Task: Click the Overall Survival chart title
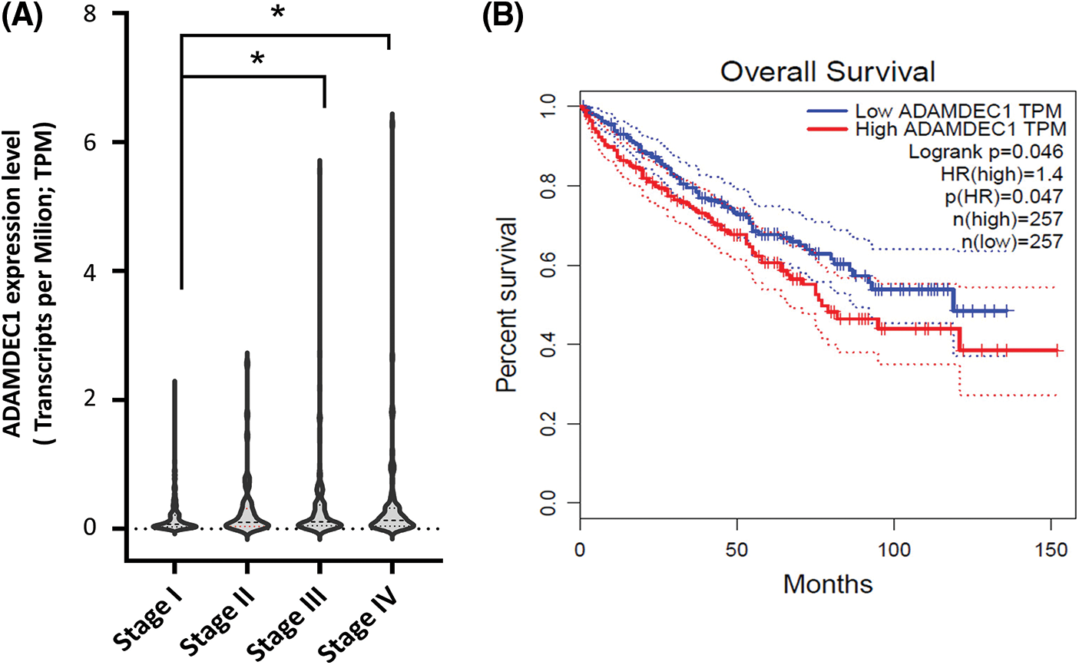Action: coord(827,72)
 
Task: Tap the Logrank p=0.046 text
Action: coord(985,151)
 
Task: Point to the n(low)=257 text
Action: coord(1012,242)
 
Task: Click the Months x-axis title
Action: coord(827,584)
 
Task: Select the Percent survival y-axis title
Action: coord(508,305)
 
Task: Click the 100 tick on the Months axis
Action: coord(894,550)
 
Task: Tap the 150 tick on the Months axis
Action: coord(1051,550)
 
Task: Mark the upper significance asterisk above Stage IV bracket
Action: coord(278,15)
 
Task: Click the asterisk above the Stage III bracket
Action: coord(258,59)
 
